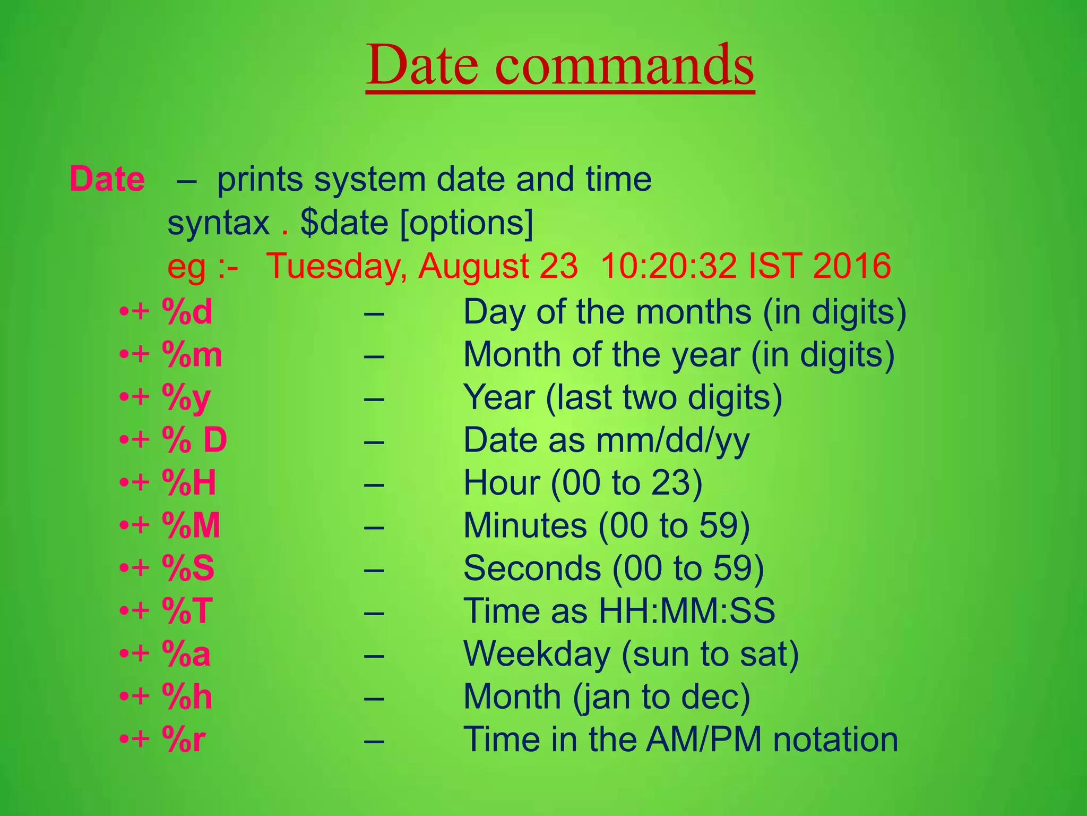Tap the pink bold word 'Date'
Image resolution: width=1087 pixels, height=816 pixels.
click(107, 179)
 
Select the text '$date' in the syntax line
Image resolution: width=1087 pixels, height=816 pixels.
click(344, 223)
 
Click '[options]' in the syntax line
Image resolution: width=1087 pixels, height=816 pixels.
click(467, 223)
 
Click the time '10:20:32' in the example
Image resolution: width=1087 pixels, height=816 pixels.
click(668, 266)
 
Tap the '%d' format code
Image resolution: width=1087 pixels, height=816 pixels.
click(187, 312)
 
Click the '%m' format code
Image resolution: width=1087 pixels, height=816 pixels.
click(192, 355)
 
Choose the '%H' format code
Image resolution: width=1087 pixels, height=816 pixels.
click(189, 483)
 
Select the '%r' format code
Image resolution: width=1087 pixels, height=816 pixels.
click(184, 739)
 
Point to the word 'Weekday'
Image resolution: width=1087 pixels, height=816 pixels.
click(537, 654)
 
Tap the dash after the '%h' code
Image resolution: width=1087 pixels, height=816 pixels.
click(374, 697)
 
